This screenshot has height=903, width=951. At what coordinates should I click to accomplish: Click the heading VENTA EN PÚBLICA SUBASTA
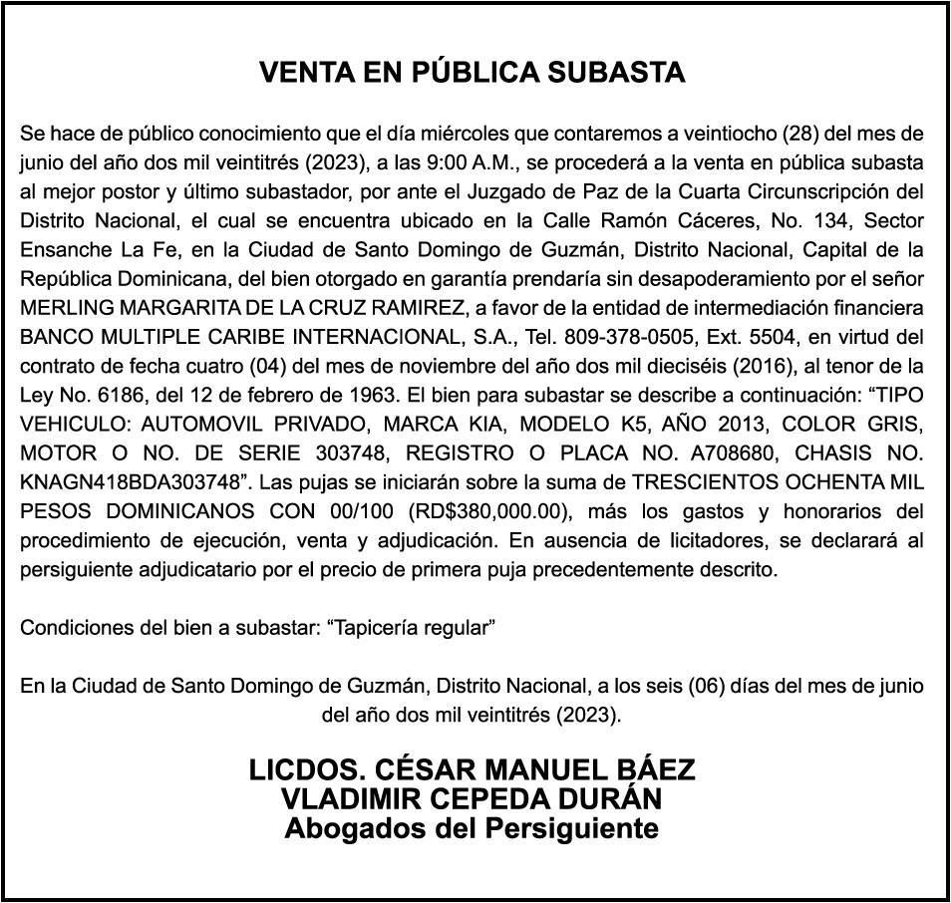[473, 73]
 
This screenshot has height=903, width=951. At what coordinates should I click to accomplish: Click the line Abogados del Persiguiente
[472, 827]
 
